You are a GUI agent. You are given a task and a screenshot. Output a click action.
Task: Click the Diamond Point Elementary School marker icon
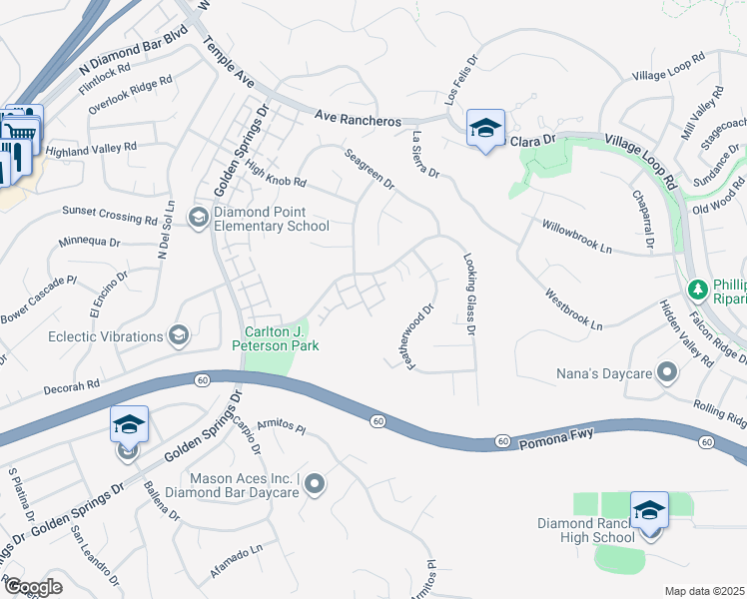coord(199,217)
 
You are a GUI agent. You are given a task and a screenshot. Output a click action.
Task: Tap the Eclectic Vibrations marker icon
coord(180,333)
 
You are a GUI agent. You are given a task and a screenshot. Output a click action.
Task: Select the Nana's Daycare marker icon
coord(668,374)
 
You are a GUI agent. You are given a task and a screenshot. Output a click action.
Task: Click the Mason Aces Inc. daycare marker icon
coord(316,485)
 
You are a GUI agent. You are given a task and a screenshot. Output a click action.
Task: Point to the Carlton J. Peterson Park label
coord(275,338)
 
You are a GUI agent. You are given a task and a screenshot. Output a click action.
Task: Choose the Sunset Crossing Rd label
coord(110,212)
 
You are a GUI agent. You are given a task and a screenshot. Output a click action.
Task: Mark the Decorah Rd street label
coord(72,382)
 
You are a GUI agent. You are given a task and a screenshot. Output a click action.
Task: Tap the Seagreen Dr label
coord(370,169)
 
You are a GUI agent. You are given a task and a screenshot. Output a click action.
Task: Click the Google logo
coord(33,587)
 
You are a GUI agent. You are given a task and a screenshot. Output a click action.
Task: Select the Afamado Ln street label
coord(237,550)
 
